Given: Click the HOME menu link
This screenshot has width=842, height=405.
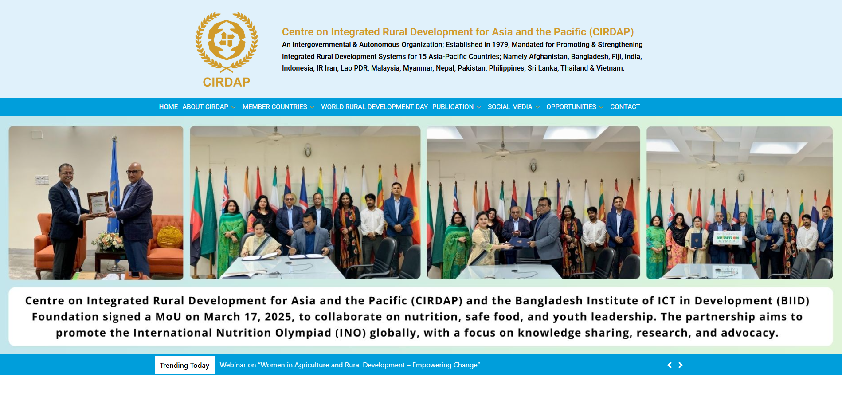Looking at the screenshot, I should pyautogui.click(x=168, y=107).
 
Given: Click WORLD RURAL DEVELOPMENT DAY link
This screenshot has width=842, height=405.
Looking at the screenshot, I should pyautogui.click(x=374, y=107).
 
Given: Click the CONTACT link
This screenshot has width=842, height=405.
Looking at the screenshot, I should pyautogui.click(x=625, y=107).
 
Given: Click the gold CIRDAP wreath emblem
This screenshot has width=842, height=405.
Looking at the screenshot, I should pyautogui.click(x=227, y=42).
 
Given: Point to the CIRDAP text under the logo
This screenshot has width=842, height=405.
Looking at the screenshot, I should pyautogui.click(x=227, y=82).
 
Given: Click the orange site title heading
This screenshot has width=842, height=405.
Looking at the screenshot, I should pyautogui.click(x=458, y=32).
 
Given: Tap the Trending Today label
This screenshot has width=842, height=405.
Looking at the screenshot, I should pyautogui.click(x=184, y=365).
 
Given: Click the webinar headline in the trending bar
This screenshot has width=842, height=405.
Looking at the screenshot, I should pyautogui.click(x=350, y=365).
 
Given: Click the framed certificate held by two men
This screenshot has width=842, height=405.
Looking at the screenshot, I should pyautogui.click(x=98, y=204).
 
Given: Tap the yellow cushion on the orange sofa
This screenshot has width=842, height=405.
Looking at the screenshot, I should pyautogui.click(x=169, y=236).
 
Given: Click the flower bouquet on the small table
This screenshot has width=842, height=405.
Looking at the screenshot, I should pyautogui.click(x=107, y=241).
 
